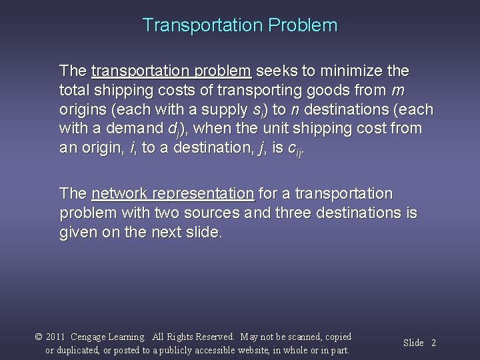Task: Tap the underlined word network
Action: tap(121, 194)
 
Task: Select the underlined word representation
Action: tap(204, 194)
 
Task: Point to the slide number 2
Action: tap(433, 343)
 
